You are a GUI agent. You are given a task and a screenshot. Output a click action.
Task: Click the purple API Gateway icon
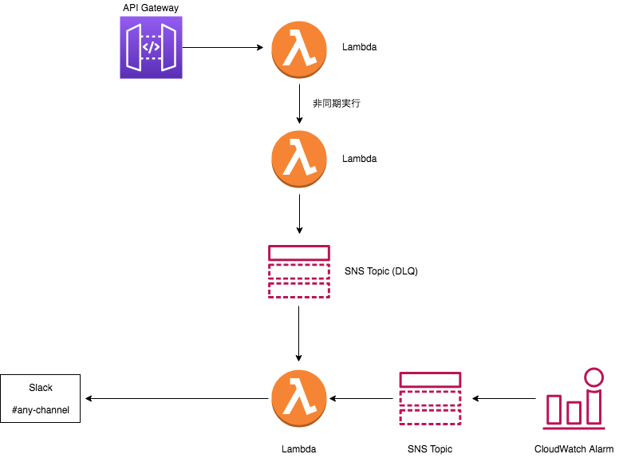pyautogui.click(x=151, y=49)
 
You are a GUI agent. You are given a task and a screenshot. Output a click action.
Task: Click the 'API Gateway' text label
pyautogui.click(x=151, y=8)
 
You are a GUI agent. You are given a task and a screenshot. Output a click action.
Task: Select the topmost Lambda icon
pyautogui.click(x=299, y=48)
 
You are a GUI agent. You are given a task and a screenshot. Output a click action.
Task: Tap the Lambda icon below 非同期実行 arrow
pyautogui.click(x=299, y=158)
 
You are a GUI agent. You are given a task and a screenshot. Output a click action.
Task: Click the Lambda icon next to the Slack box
pyautogui.click(x=299, y=398)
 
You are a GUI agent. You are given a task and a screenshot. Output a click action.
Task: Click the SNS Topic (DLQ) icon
pyautogui.click(x=299, y=271)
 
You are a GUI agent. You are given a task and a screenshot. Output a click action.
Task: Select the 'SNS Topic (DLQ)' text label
pyautogui.click(x=381, y=271)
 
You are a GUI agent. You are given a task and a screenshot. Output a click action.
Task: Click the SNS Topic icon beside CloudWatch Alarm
pyautogui.click(x=430, y=398)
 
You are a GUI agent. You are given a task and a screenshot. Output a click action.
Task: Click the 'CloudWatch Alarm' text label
pyautogui.click(x=574, y=449)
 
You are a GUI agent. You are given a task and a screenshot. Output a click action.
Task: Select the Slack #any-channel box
pyautogui.click(x=41, y=398)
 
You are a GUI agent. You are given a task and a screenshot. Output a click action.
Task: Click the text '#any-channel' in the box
pyautogui.click(x=41, y=410)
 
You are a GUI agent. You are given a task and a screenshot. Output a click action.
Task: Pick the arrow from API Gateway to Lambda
pyautogui.click(x=223, y=48)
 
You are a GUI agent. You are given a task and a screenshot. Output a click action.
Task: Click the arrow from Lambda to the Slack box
pyautogui.click(x=175, y=398)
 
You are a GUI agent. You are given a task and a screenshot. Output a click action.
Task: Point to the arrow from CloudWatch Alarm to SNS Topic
pyautogui.click(x=504, y=398)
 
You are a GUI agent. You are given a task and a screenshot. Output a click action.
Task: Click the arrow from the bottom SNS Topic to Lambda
pyautogui.click(x=364, y=398)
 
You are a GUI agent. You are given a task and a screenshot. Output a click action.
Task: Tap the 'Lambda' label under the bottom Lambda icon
pyautogui.click(x=299, y=449)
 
